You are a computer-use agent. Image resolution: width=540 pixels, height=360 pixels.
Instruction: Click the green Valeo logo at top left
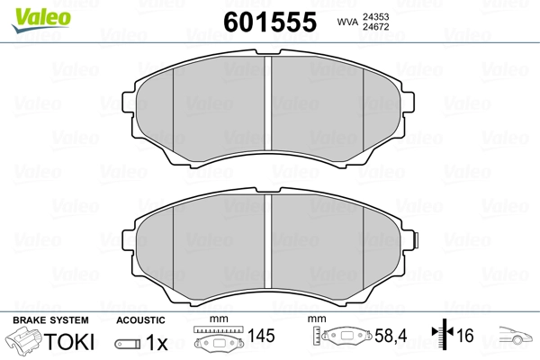41,20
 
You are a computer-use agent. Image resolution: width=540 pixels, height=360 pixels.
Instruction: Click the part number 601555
270,22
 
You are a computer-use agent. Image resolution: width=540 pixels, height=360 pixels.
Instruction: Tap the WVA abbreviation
347,22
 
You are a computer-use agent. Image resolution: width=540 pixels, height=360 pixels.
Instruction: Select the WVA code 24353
375,16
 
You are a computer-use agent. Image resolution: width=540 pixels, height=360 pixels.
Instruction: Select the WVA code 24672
375,27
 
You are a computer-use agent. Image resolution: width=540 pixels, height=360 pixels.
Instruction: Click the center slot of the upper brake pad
268,103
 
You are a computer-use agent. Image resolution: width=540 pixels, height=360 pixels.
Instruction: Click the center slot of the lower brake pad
268,241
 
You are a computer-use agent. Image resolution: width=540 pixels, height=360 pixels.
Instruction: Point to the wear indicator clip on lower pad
416,240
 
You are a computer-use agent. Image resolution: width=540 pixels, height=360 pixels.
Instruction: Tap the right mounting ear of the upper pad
408,103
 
